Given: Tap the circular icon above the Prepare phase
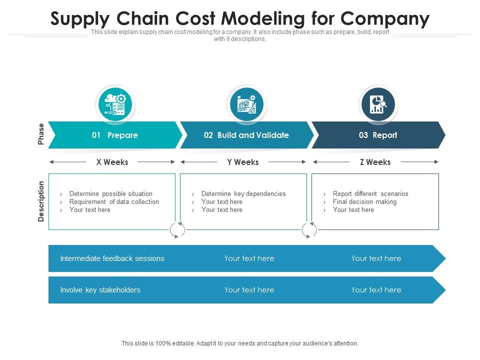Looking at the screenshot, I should [x=115, y=104].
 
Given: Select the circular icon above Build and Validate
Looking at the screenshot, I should [x=246, y=104].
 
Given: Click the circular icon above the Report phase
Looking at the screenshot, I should [x=378, y=104].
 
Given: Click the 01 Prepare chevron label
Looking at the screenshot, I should [x=115, y=135].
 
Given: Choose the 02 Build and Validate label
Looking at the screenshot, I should [x=246, y=135].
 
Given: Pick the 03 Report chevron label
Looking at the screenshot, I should [x=378, y=135].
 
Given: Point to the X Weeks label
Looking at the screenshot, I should [x=112, y=162].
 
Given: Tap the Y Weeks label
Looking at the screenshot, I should [x=243, y=162].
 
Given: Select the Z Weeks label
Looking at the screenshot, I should [x=375, y=162].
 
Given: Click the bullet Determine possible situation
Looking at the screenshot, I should [x=110, y=193].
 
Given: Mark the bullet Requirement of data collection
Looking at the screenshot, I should [x=114, y=201].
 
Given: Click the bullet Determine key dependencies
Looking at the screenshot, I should [x=243, y=193].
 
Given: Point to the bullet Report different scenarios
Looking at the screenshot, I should [x=370, y=193].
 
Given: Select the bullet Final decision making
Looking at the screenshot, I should [x=364, y=201].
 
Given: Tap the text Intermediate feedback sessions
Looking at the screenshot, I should [x=112, y=258].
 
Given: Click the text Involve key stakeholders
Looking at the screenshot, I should [x=100, y=290].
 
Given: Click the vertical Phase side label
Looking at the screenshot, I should [x=41, y=134].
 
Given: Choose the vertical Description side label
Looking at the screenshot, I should [x=41, y=201].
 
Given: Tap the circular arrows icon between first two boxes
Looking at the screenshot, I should [x=177, y=230].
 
